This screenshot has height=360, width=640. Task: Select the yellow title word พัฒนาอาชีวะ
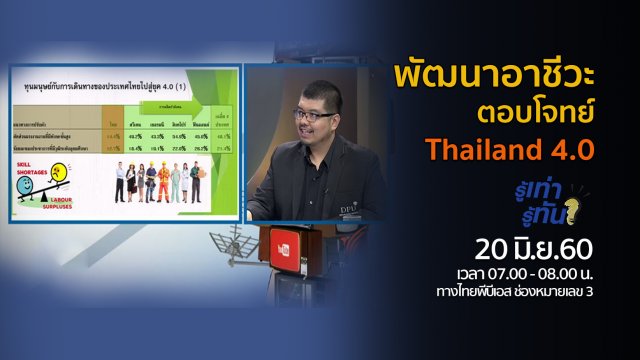[x=489, y=77]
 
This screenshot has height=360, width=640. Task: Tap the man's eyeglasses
[x=314, y=116]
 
